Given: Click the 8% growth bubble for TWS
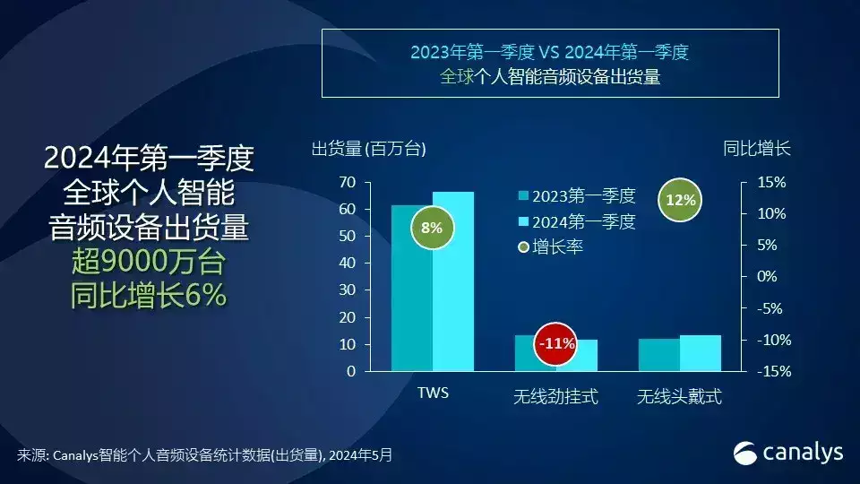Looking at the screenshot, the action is pyautogui.click(x=432, y=228).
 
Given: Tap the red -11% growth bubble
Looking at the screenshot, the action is pyautogui.click(x=556, y=344).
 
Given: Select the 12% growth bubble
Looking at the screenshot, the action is pyautogui.click(x=680, y=200).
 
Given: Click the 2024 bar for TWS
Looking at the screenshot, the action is pyautogui.click(x=453, y=281).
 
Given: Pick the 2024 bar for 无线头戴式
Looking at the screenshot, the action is pyautogui.click(x=701, y=353).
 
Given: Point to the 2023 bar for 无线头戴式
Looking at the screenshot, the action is pyautogui.click(x=659, y=355).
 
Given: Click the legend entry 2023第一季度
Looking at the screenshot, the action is pyautogui.click(x=577, y=196).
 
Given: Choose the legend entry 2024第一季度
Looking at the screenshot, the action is pyautogui.click(x=577, y=221).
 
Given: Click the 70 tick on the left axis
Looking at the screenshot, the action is pyautogui.click(x=348, y=182).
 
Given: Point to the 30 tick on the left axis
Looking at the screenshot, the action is pyautogui.click(x=348, y=290).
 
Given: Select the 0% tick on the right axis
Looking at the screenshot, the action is pyautogui.click(x=767, y=276).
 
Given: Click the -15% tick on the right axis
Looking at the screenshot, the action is pyautogui.click(x=774, y=371).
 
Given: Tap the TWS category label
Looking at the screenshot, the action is pyautogui.click(x=433, y=393).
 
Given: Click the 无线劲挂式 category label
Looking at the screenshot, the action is pyautogui.click(x=555, y=396).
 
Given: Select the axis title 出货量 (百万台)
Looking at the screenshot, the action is pyautogui.click(x=368, y=149).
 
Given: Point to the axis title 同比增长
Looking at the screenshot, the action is pyautogui.click(x=756, y=148).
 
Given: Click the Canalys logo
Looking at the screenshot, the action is pyautogui.click(x=788, y=454).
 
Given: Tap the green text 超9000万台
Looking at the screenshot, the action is pyautogui.click(x=149, y=261).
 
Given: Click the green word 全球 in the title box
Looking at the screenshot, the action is pyautogui.click(x=456, y=77).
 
